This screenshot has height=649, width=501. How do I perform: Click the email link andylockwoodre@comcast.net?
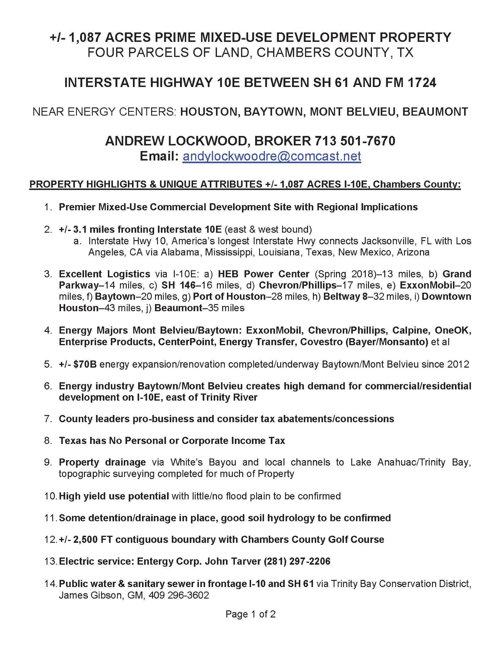coord(271,156)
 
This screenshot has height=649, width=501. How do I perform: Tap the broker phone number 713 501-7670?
coord(355,141)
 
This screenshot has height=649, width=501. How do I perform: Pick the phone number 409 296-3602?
coord(178,595)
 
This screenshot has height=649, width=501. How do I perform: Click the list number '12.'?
coord(51,539)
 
